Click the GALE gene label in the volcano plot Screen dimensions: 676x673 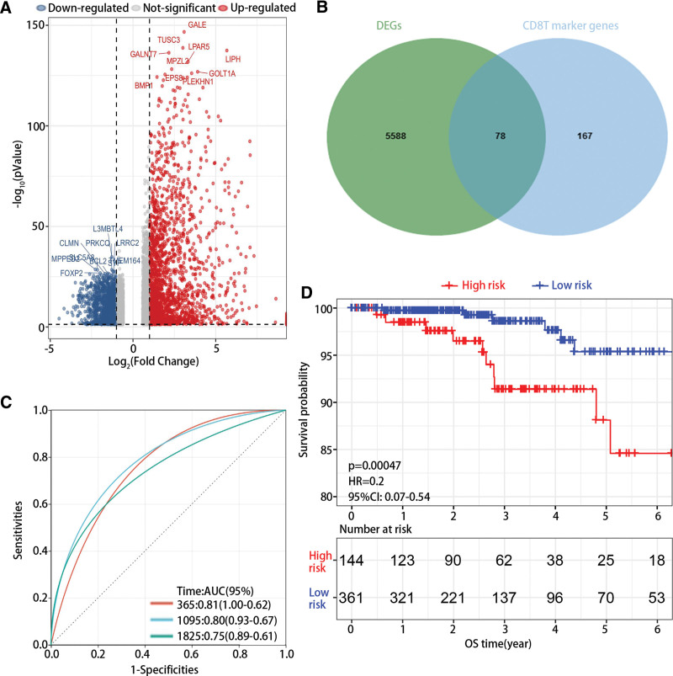pos(197,26)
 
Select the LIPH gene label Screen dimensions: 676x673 pos(233,59)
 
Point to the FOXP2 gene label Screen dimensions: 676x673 pos(72,273)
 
